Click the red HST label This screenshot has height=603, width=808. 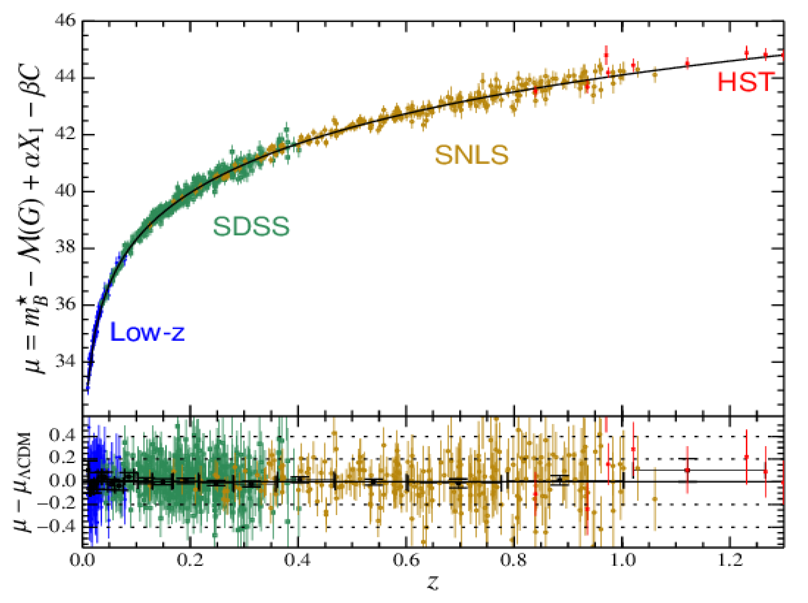click(x=746, y=82)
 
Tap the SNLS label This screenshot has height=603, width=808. click(x=472, y=155)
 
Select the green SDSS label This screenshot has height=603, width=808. click(x=251, y=226)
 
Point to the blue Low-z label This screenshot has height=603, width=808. click(x=147, y=332)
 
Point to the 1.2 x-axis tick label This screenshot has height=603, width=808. click(x=730, y=560)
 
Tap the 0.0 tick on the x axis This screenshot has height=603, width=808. click(x=83, y=560)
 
